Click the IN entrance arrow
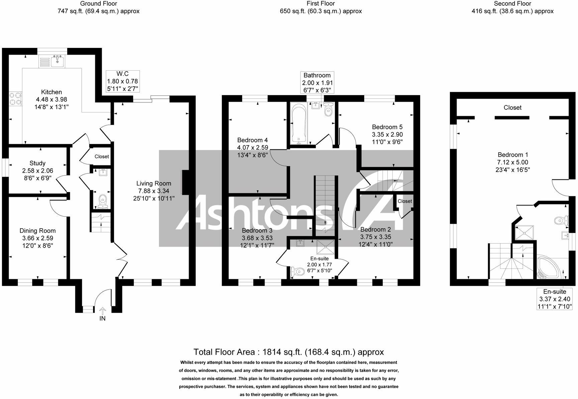pyautogui.click(x=102, y=311)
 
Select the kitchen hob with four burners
pyautogui.click(x=15, y=99)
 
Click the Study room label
pyautogui.click(x=37, y=163)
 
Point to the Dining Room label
pyautogui.click(x=37, y=231)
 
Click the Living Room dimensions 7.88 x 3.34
pyautogui.click(x=154, y=191)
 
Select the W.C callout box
pyautogui.click(x=122, y=81)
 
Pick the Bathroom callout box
pyautogui.click(x=317, y=83)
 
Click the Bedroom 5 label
pyautogui.click(x=387, y=127)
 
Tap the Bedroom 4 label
pyautogui.click(x=252, y=140)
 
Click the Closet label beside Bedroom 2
pyautogui.click(x=405, y=201)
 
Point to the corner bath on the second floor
pyautogui.click(x=549, y=267)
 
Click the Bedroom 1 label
pyautogui.click(x=512, y=155)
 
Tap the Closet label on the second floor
pyautogui.click(x=512, y=108)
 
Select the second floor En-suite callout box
pyautogui.click(x=554, y=299)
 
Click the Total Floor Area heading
pyautogui.click(x=288, y=352)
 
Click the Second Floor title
pyautogui.click(x=512, y=4)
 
